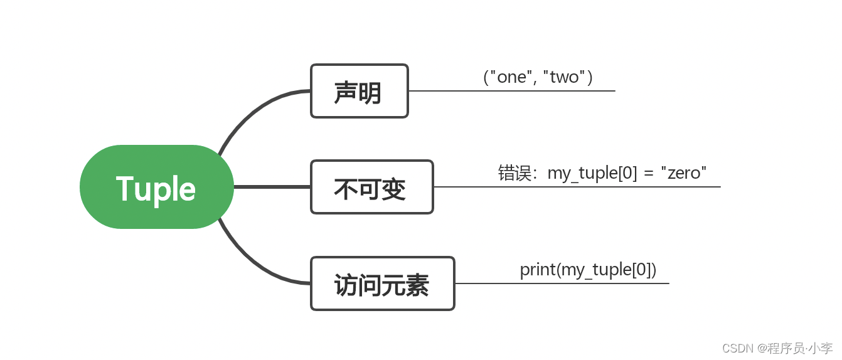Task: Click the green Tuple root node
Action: [157, 187]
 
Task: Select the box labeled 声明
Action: [360, 91]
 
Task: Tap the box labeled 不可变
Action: [372, 187]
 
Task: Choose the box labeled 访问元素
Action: [383, 283]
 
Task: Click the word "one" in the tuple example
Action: [511, 77]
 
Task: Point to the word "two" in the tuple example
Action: [564, 77]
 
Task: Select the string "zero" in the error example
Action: [684, 173]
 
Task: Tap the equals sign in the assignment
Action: [648, 174]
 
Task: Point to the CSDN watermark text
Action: [777, 348]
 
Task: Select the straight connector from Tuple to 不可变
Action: [272, 187]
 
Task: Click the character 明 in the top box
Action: [370, 92]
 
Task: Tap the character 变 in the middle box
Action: [394, 189]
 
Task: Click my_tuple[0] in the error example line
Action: [592, 174]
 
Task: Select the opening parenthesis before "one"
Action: [486, 77]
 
